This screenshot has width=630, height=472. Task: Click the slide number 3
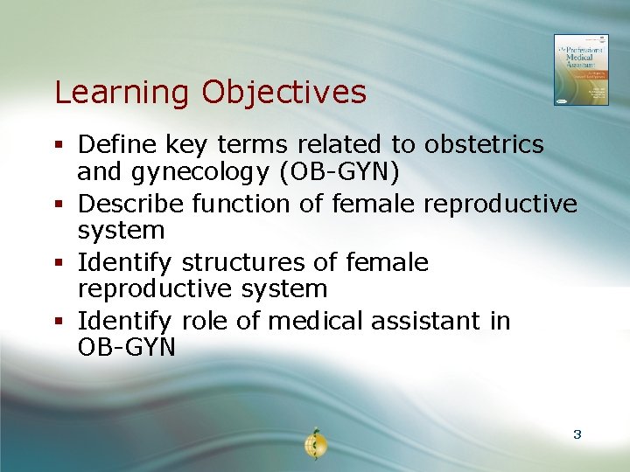pos(577,434)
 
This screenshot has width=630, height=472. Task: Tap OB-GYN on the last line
pos(127,348)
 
